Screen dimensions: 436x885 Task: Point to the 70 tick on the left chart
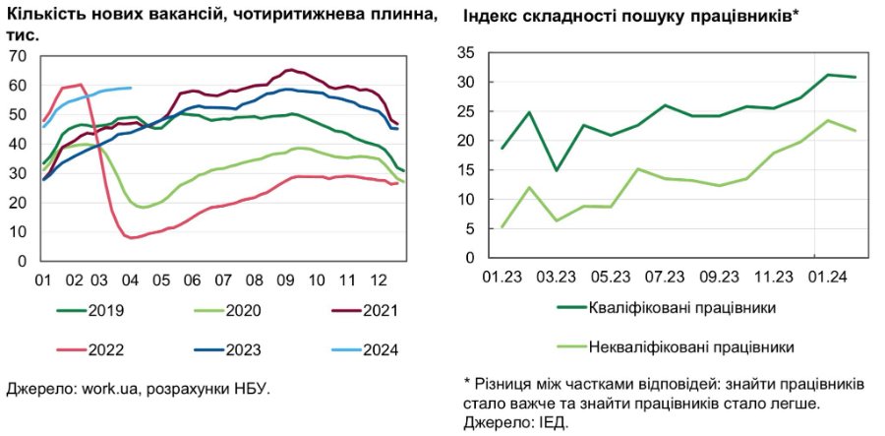pyautogui.click(x=18, y=56)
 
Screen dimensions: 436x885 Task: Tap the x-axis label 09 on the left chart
pyautogui.click(x=285, y=280)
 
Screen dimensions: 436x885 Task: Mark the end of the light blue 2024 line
pyautogui.click(x=131, y=88)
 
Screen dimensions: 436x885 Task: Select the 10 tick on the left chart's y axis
pyautogui.click(x=18, y=232)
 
